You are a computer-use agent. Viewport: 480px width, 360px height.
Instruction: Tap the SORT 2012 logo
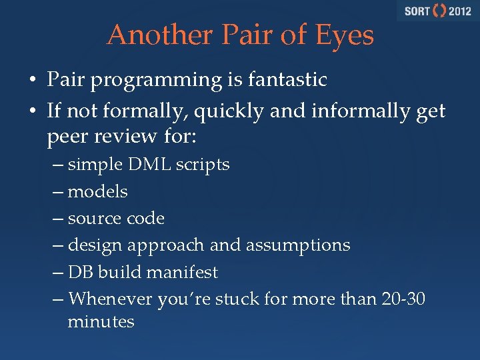(437, 11)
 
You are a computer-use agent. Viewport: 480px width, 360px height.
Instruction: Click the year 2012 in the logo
(460, 11)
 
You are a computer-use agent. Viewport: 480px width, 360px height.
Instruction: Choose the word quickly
(229, 111)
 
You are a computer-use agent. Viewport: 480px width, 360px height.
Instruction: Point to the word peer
(67, 137)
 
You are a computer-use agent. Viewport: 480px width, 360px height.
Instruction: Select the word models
(98, 191)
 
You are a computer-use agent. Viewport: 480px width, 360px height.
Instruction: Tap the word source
(94, 219)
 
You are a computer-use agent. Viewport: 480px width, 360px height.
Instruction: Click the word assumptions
(298, 245)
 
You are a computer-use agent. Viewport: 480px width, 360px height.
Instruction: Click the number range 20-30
(403, 299)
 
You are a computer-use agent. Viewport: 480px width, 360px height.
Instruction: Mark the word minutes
(101, 321)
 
